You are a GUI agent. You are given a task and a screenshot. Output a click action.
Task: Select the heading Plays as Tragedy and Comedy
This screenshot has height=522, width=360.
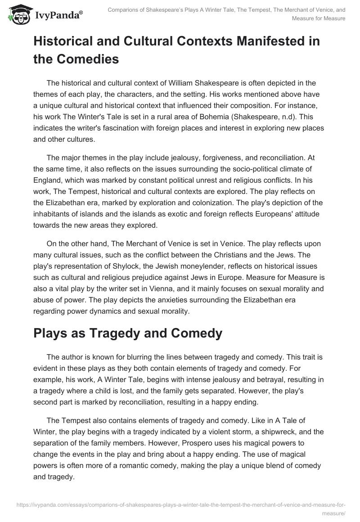[x=128, y=333]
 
